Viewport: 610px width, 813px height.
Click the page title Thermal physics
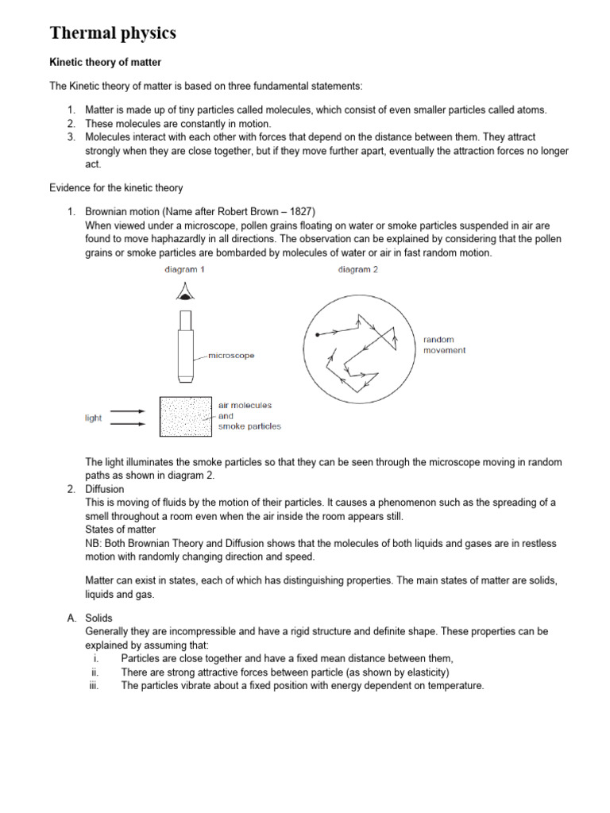pyautogui.click(x=113, y=33)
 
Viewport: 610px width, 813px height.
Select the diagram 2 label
pyautogui.click(x=357, y=270)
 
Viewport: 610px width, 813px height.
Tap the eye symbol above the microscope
pyautogui.click(x=185, y=295)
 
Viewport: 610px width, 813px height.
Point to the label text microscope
pyautogui.click(x=231, y=356)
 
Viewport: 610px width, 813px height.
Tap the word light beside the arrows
pyautogui.click(x=93, y=418)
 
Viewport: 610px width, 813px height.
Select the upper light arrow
pyautogui.click(x=127, y=411)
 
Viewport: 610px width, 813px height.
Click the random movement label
pyautogui.click(x=444, y=345)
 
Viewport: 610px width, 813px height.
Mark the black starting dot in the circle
pyautogui.click(x=317, y=335)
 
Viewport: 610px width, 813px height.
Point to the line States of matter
pyautogui.click(x=120, y=530)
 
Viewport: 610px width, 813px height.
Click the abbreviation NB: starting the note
pyautogui.click(x=94, y=543)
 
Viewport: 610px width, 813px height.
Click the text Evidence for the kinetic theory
pyautogui.click(x=116, y=188)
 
